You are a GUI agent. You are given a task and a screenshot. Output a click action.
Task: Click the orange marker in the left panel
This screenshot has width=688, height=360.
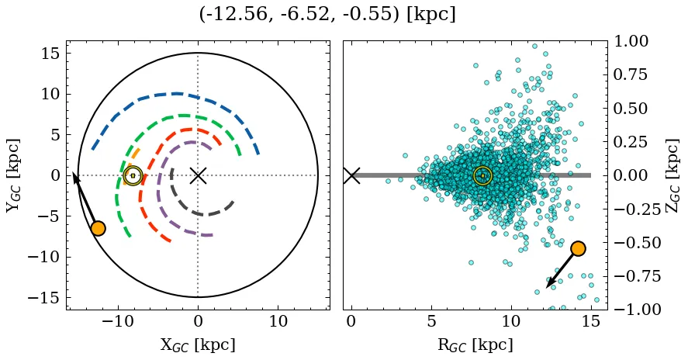tap(98, 228)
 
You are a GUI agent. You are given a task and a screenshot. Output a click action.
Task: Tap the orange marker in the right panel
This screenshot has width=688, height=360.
tap(578, 248)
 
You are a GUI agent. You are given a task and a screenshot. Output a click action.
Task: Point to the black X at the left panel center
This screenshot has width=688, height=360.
tap(198, 175)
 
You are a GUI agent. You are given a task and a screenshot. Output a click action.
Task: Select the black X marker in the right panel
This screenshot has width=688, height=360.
tap(351, 175)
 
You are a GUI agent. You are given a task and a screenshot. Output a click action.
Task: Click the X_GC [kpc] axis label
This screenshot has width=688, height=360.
tap(198, 344)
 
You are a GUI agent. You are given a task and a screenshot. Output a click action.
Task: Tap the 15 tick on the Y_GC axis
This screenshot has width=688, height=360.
tap(51, 54)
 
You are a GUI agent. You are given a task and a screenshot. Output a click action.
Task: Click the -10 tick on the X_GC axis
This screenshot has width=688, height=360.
tap(118, 321)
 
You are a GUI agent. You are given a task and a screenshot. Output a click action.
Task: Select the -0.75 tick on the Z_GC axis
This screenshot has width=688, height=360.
tap(630, 276)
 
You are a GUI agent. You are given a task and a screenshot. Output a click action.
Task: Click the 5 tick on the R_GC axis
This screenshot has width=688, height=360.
tap(431, 321)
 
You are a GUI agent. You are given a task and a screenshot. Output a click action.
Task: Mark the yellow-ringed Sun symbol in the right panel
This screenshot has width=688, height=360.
tap(482, 175)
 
